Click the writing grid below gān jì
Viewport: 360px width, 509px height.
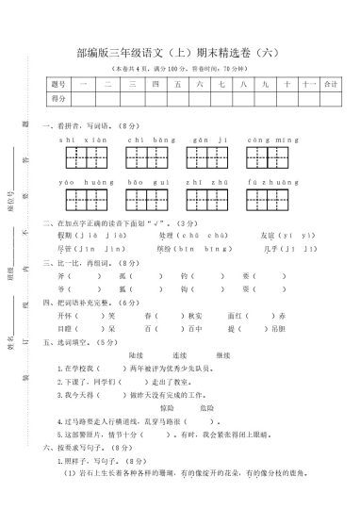coord(206,156)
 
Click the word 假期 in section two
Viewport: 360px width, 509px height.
coord(65,235)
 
